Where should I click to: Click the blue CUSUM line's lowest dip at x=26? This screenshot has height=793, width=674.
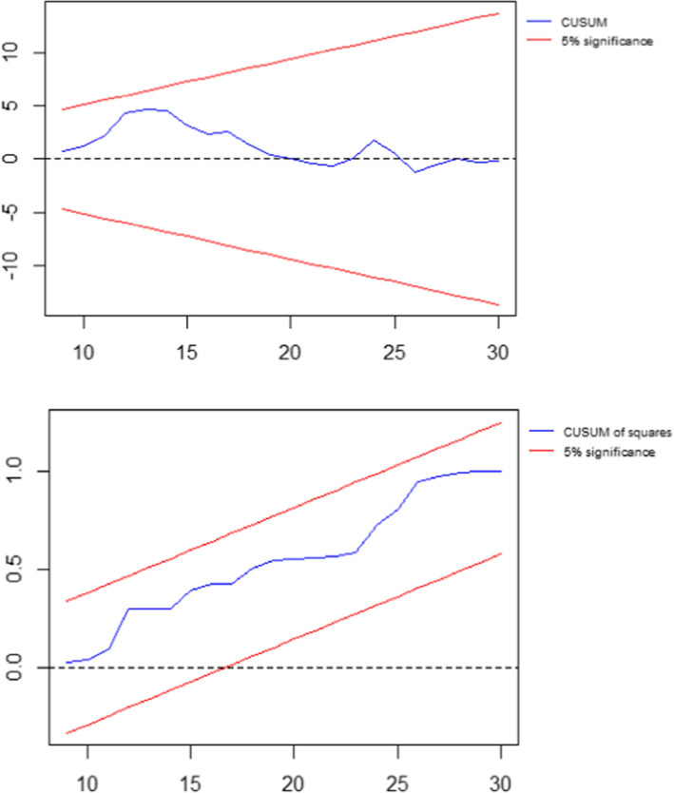416,172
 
